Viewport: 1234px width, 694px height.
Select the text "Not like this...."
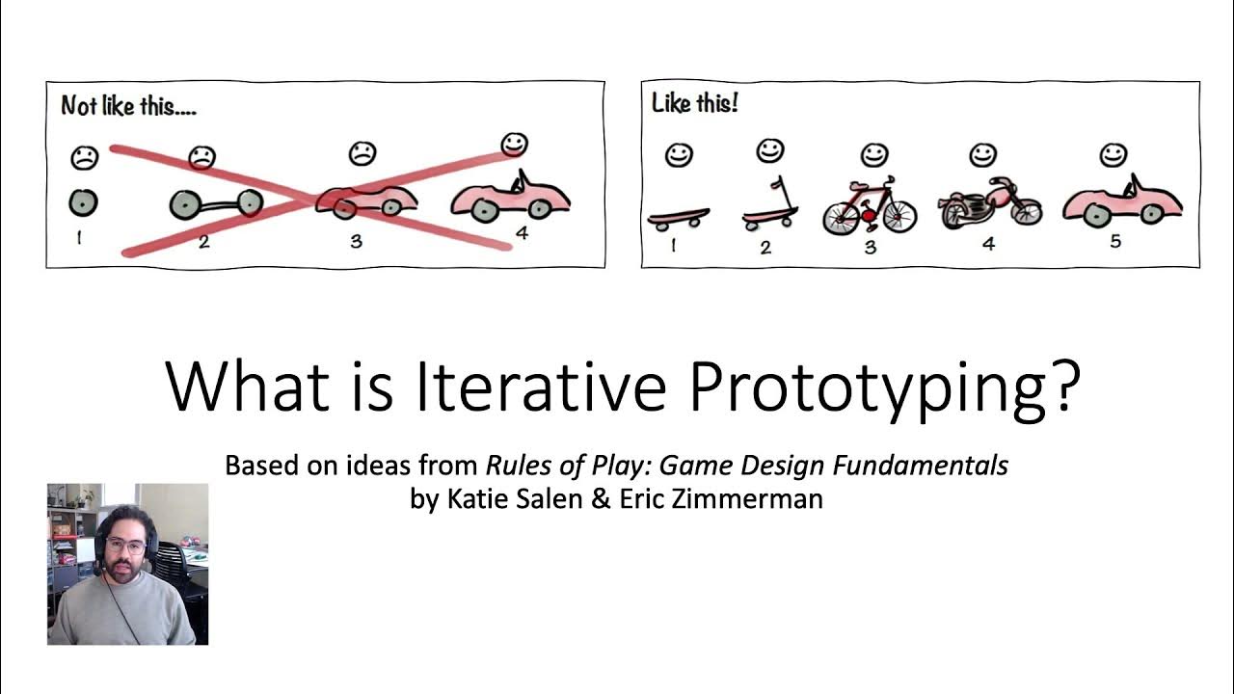128,106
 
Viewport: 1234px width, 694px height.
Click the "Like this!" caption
694,103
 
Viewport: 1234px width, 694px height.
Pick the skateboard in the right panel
678,218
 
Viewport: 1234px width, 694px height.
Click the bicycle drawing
870,206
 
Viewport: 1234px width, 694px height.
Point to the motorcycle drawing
989,202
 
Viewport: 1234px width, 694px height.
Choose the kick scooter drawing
769,205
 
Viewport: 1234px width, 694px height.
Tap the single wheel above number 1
83,202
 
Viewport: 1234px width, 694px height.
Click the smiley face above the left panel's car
514,145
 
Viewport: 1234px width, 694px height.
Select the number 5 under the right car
1115,241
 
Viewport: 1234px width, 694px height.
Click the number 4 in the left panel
521,233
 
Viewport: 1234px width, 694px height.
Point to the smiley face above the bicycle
873,154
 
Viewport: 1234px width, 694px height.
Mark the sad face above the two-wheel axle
201,156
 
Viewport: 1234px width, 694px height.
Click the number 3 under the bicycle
871,247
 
